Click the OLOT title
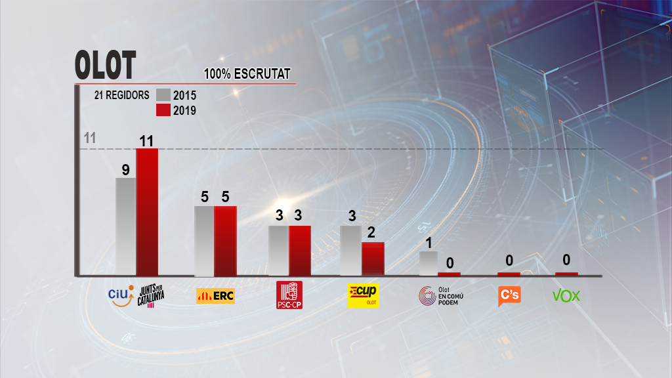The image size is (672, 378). tap(105, 66)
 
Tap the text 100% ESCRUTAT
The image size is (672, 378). tap(247, 74)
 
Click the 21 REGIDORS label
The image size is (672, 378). tap(121, 95)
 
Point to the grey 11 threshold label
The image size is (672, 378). tap(91, 138)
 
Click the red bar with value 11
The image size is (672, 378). tap(147, 211)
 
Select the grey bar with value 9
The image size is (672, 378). tap(125, 226)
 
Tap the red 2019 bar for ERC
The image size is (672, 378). tap(225, 240)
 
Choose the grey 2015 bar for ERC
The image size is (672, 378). tap(204, 240)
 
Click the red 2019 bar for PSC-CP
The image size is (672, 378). tap(300, 250)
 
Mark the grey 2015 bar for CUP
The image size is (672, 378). tap(350, 250)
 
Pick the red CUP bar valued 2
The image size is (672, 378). tap(373, 258)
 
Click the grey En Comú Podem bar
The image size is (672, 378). tap(428, 262)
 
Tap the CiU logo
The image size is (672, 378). tap(119, 295)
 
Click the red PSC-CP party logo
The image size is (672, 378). tap(289, 295)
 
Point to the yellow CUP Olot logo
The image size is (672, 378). tap(363, 296)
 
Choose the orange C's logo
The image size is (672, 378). tap(509, 295)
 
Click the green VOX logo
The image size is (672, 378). tap(566, 295)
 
